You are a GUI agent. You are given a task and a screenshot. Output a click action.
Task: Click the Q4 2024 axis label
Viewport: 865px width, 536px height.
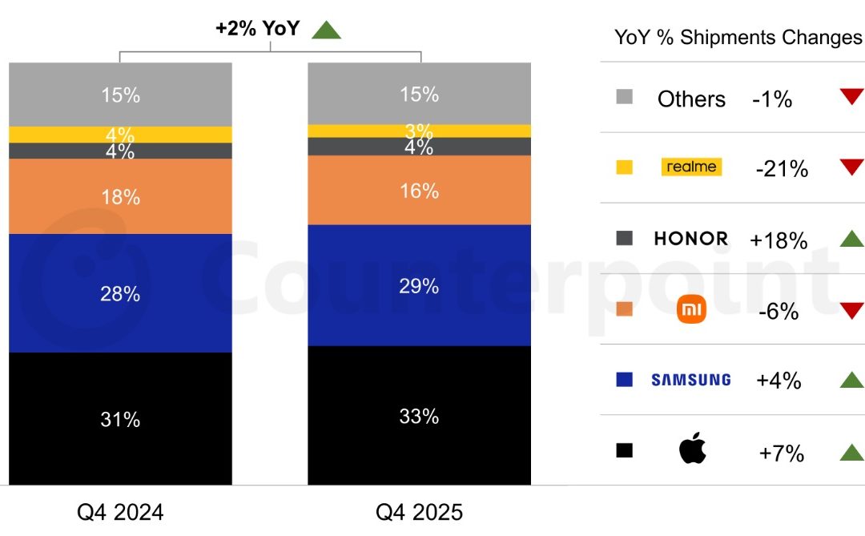(120, 512)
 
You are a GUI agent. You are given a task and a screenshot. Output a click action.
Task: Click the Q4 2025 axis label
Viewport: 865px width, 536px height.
(420, 512)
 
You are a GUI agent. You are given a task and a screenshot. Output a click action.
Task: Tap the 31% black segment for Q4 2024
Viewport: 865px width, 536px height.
(120, 418)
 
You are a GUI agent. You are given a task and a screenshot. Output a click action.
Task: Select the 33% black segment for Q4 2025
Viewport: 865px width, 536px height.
(419, 416)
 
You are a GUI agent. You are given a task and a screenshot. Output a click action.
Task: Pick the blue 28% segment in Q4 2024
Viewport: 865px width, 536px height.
(120, 293)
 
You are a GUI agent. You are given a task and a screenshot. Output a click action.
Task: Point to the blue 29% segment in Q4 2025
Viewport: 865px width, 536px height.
(419, 285)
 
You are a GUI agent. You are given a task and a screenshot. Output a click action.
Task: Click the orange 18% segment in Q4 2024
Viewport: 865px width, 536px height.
(120, 196)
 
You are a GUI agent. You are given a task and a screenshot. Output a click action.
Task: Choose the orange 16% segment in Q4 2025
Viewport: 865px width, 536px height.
(419, 190)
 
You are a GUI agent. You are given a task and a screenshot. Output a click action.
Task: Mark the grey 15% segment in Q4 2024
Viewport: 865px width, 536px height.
(120, 95)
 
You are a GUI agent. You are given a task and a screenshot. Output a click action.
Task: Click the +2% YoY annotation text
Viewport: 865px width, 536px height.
(257, 29)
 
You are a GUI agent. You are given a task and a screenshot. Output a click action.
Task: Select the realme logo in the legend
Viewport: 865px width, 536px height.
(692, 167)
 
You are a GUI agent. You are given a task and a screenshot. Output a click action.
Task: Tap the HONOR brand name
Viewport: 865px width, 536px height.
(691, 238)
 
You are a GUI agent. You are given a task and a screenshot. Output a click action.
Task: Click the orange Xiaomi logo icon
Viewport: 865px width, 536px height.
(692, 309)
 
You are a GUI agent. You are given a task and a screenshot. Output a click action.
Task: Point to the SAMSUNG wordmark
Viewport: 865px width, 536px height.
(691, 380)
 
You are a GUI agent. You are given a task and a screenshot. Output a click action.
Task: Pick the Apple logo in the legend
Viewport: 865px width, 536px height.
(693, 450)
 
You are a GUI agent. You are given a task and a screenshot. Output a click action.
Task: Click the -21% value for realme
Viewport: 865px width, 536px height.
(782, 168)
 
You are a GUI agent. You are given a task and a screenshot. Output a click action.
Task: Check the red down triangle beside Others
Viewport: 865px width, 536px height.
(851, 97)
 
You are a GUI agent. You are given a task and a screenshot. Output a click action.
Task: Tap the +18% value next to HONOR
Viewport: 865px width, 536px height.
(778, 240)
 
